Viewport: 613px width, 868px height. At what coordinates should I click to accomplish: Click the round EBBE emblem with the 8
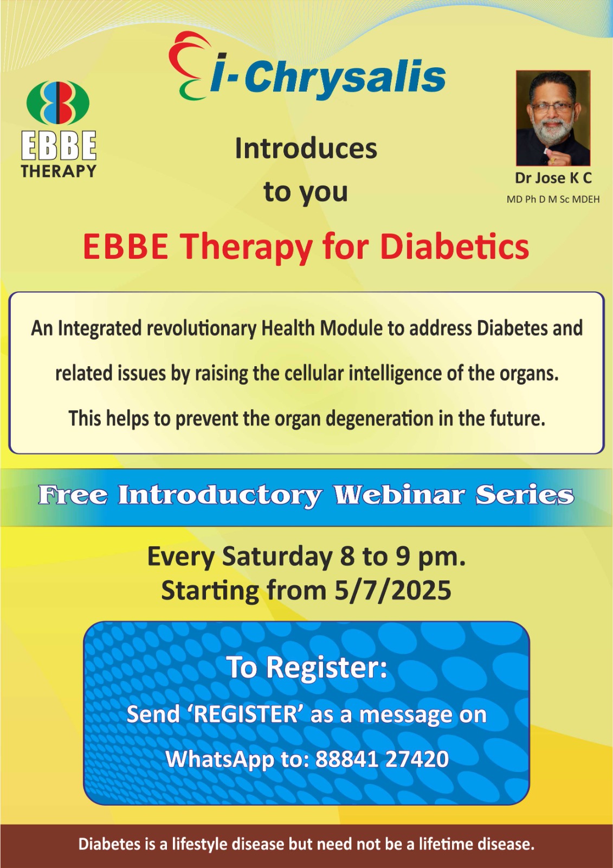coord(58,103)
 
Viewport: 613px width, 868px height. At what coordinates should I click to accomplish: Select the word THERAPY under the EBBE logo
coord(58,171)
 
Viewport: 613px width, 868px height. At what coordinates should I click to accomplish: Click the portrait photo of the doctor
coord(553,118)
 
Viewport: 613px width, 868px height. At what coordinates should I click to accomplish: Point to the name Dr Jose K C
coord(553,178)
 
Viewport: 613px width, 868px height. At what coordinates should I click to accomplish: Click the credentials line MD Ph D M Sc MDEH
coord(553,200)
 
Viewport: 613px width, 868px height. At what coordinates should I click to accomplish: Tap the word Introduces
coord(306,149)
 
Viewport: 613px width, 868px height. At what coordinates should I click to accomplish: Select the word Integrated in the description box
coord(99,329)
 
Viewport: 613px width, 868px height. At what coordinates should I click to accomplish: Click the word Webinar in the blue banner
coord(398,495)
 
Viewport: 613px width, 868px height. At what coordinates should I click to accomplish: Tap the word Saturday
coord(276,557)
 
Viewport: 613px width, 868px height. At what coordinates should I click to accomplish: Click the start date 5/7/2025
coord(393,590)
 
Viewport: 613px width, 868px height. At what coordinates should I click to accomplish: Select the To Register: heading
coord(307,667)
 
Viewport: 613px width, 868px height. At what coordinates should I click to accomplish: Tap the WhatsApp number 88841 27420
coord(382,759)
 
